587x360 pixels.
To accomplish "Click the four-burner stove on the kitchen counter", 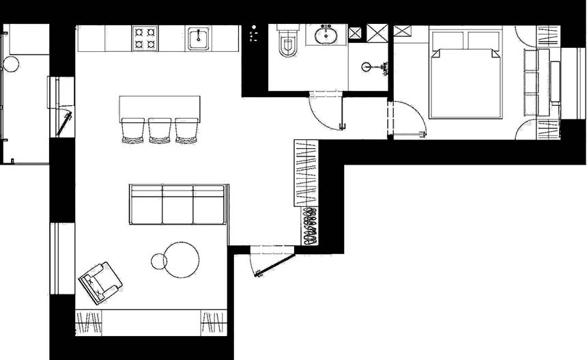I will pos(145,38).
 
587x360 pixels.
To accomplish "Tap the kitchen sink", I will pos(199,38).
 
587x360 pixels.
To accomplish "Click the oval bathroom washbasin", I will pos(326,34).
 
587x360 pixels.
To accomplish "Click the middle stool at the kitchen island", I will pos(160,130).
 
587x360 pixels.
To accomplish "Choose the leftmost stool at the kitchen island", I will pos(133,130).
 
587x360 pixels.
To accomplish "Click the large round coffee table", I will pos(182,260).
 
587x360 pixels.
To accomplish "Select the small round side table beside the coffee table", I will pos(158,260).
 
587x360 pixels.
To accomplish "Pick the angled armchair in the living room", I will pos(100,281).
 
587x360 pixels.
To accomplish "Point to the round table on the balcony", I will pos(11,64).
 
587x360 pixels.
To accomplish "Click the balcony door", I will pos(66,123).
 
